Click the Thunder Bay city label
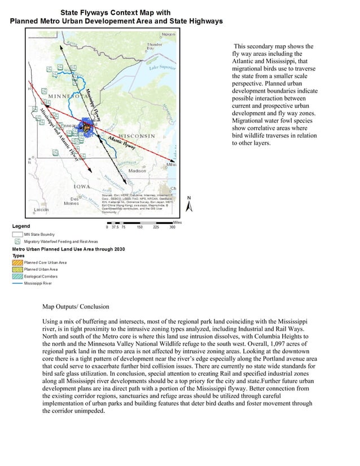(154, 46)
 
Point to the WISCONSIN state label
(136, 137)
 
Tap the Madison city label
(138, 170)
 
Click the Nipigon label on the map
(168, 34)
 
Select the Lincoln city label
(41, 210)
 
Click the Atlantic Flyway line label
(121, 141)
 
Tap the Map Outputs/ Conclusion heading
(77, 307)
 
